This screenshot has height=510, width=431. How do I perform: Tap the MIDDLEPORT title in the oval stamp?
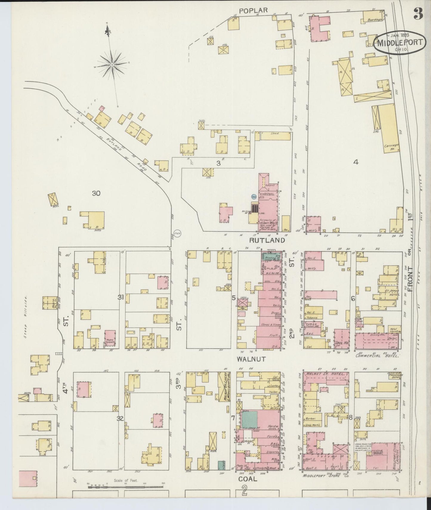click(x=400, y=42)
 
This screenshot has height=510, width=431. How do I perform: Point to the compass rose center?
click(x=112, y=64)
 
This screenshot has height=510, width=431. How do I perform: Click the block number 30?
click(x=96, y=193)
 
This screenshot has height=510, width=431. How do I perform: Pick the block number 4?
click(x=356, y=162)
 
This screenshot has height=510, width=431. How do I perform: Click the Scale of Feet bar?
click(x=125, y=487)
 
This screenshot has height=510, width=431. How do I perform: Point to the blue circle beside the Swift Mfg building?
click(x=254, y=197)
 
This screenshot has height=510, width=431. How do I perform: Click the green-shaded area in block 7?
click(x=249, y=418)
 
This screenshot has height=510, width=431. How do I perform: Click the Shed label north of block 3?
click(x=274, y=133)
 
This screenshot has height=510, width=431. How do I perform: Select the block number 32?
click(x=120, y=418)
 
